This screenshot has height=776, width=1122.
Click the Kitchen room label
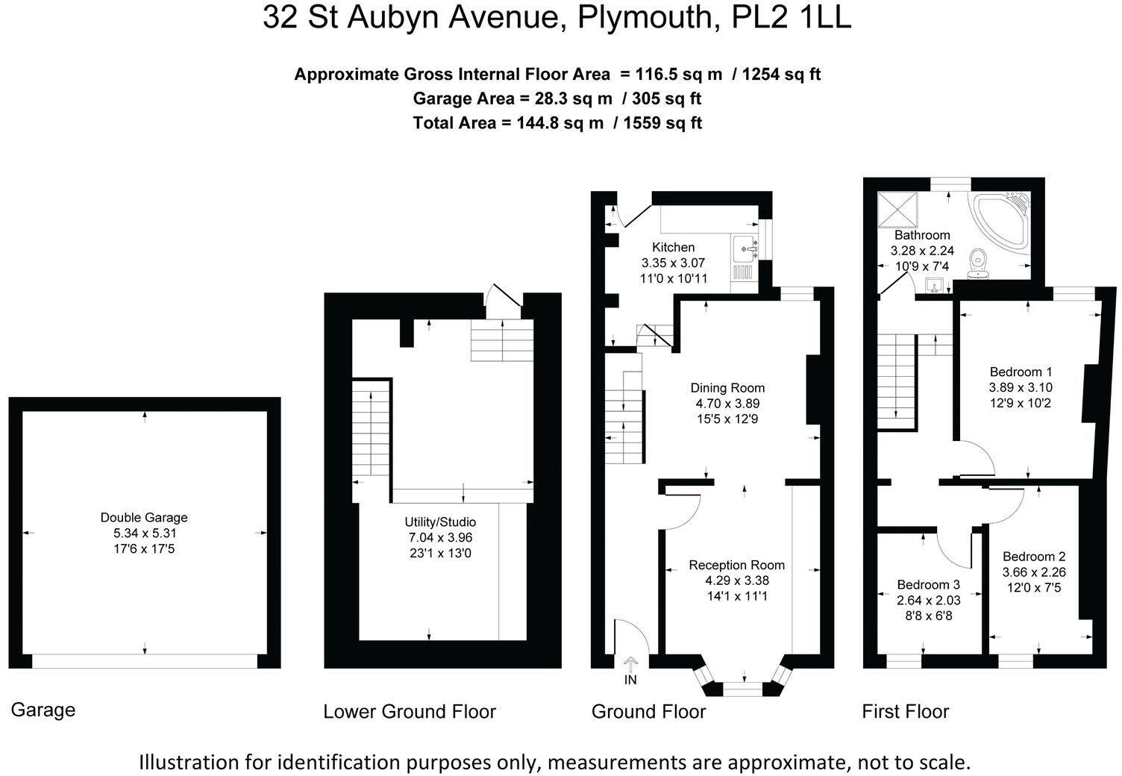(x=673, y=247)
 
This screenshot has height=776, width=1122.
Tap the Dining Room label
(x=727, y=387)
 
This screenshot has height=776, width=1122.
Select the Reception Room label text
(x=736, y=565)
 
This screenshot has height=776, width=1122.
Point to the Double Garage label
(x=144, y=517)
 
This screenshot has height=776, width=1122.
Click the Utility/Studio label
(x=439, y=522)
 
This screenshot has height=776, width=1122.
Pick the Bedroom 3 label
(x=928, y=584)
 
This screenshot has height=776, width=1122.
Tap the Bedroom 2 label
(x=1033, y=556)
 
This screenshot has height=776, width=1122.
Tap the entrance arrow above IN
(x=630, y=663)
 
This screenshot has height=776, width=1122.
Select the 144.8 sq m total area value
(x=560, y=123)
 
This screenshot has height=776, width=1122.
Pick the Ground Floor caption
(x=648, y=711)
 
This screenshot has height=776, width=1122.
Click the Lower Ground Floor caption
(x=409, y=711)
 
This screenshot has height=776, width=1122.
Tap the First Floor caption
(x=905, y=711)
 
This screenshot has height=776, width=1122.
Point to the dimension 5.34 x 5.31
(x=144, y=533)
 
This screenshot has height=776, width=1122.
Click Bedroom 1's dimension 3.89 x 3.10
(x=1020, y=387)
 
